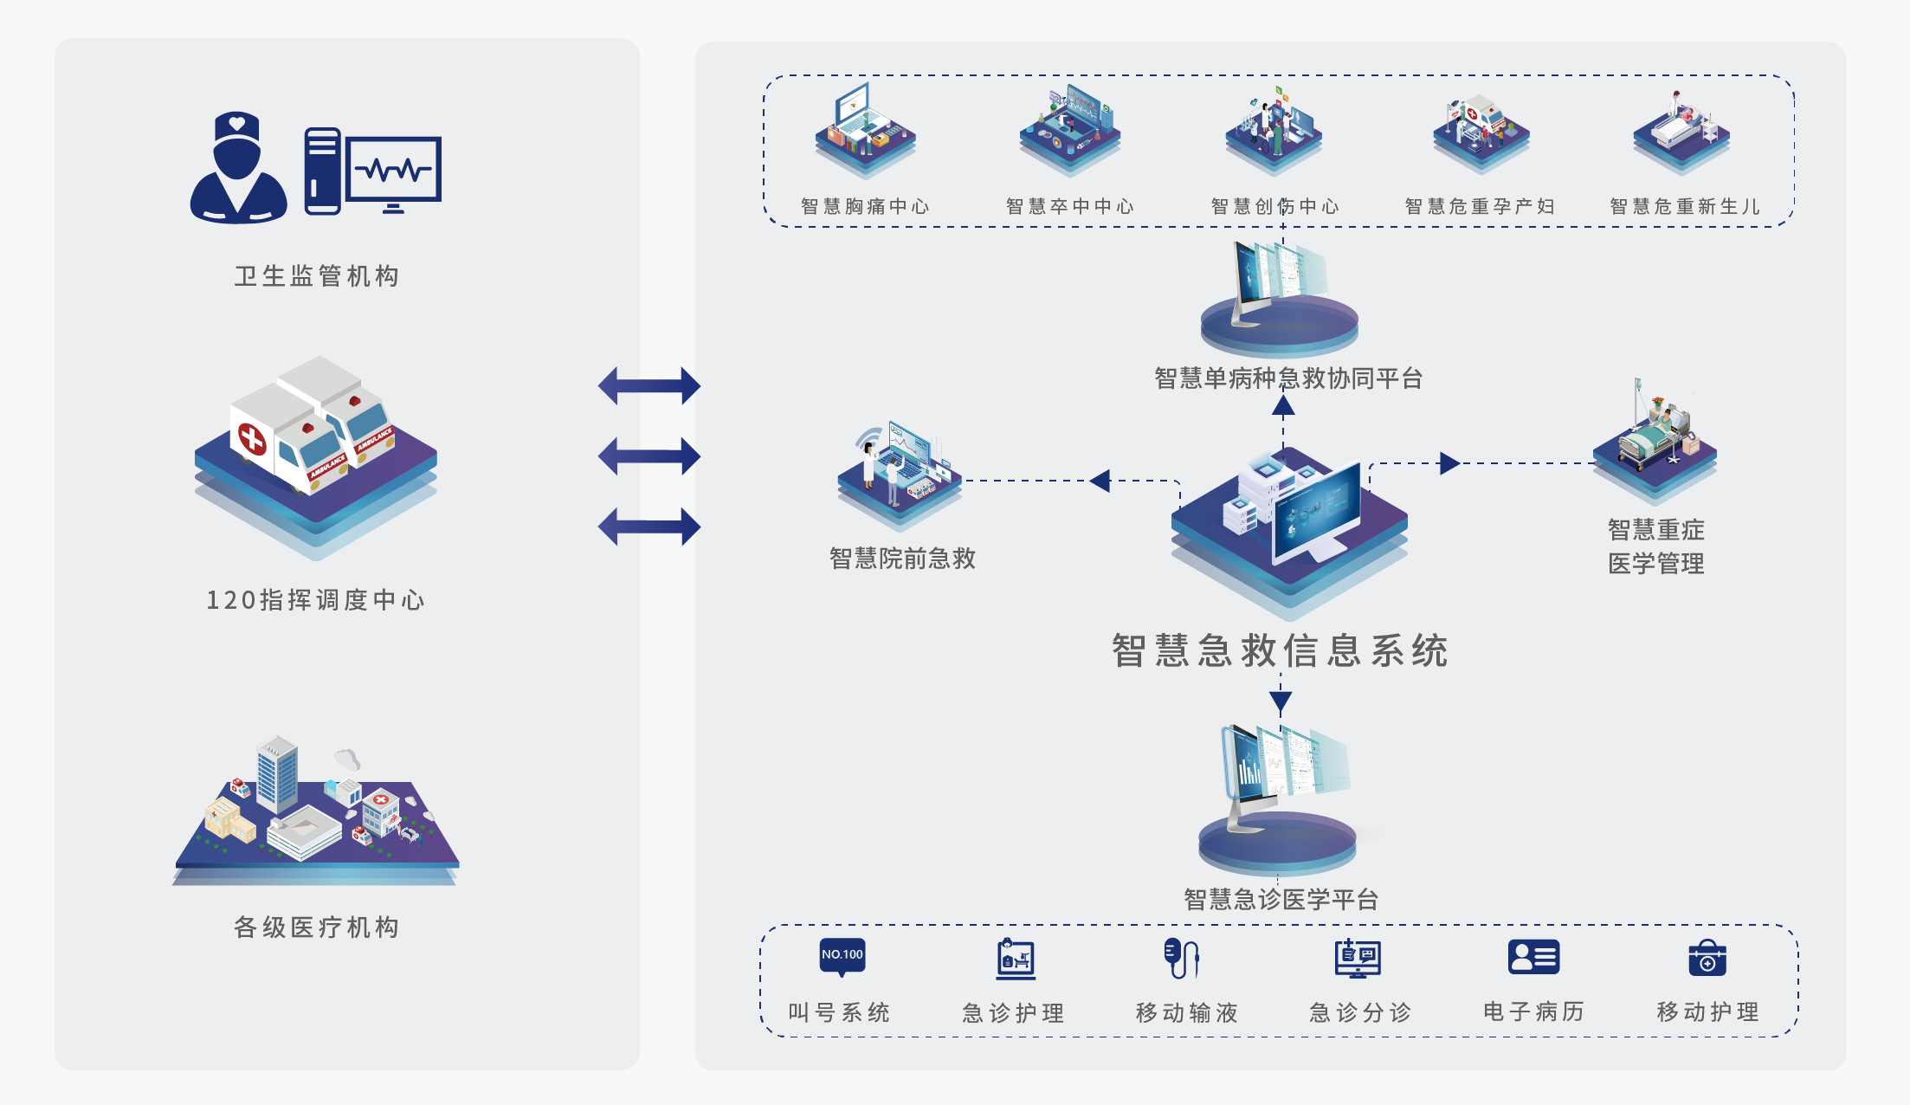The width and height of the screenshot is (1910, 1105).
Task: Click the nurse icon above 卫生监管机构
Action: pyautogui.click(x=238, y=168)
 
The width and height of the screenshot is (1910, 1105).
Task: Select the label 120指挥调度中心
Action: pyautogui.click(x=315, y=600)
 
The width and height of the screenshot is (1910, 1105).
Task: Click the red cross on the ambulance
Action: pyautogui.click(x=252, y=438)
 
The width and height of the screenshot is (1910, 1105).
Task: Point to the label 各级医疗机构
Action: pyautogui.click(x=317, y=927)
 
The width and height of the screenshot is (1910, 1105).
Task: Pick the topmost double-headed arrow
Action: pyautogui.click(x=649, y=385)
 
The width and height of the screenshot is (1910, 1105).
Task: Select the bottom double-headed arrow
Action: pyautogui.click(x=649, y=527)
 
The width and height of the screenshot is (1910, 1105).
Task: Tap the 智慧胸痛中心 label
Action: pyautogui.click(x=865, y=206)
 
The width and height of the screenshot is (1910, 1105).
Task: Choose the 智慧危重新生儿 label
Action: pyautogui.click(x=1685, y=206)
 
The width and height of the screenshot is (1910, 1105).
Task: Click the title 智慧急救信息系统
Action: pyautogui.click(x=1280, y=650)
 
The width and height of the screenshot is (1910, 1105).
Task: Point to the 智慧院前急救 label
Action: pyautogui.click(x=902, y=559)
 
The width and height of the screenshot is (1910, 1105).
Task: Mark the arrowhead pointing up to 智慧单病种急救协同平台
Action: pyautogui.click(x=1284, y=405)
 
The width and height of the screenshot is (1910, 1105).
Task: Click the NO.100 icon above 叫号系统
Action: pyautogui.click(x=842, y=956)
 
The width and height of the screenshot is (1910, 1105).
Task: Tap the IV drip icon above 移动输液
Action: pyautogui.click(x=1181, y=958)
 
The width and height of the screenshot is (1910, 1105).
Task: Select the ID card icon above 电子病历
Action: pyautogui.click(x=1533, y=957)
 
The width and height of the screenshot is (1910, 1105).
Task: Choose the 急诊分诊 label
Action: pyautogui.click(x=1360, y=1012)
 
